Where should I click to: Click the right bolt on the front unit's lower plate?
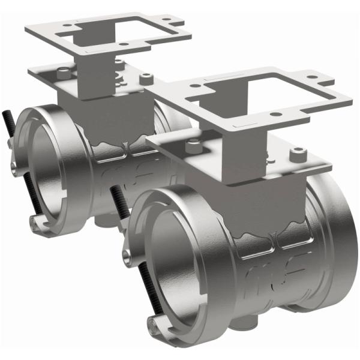[x=295, y=155]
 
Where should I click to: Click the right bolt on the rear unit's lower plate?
[x=144, y=78]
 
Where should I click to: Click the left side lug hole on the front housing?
[x=127, y=256]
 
